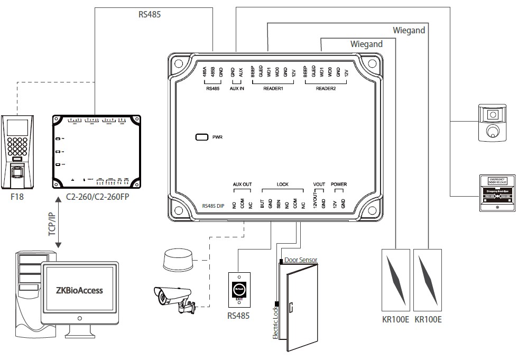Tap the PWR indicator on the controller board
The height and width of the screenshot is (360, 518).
(x=202, y=137)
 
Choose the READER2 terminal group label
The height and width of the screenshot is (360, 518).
(x=326, y=88)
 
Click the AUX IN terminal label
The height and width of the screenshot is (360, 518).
(x=237, y=88)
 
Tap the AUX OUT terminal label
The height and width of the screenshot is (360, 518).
(x=242, y=185)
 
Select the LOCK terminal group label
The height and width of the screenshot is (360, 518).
(x=283, y=185)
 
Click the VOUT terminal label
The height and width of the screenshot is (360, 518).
(x=319, y=185)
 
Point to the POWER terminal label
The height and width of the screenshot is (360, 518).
(x=338, y=185)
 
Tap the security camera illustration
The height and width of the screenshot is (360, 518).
(x=173, y=299)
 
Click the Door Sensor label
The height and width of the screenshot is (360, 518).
(x=301, y=260)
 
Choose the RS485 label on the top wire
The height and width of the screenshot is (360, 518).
(x=150, y=14)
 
